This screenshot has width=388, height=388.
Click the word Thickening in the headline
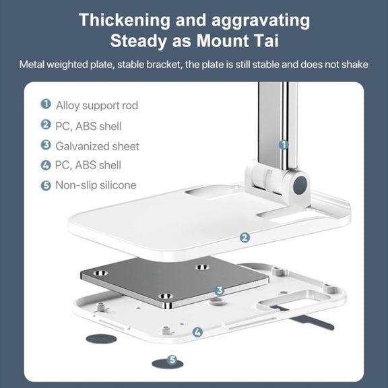[125, 20]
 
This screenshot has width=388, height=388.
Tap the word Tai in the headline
[266, 41]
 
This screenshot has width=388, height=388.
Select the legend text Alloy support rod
[97, 106]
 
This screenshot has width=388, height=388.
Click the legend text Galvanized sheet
[97, 146]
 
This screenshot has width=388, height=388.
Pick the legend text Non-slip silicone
[96, 185]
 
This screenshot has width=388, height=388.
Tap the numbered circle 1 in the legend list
[46, 104]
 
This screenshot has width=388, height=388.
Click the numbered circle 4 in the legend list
[46, 165]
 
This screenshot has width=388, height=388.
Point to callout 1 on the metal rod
[284, 145]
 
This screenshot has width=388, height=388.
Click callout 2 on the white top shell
[245, 238]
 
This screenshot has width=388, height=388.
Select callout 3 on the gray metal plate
[219, 290]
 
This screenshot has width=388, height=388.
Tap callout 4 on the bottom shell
[197, 332]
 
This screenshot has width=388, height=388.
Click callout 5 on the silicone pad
[172, 360]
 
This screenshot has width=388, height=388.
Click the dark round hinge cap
[300, 185]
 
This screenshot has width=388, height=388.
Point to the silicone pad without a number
[101, 339]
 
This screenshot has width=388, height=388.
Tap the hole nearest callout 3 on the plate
[166, 296]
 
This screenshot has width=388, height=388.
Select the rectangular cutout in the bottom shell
[294, 299]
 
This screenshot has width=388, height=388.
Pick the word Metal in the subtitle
[32, 65]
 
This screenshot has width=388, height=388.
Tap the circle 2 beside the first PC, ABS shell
[46, 125]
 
